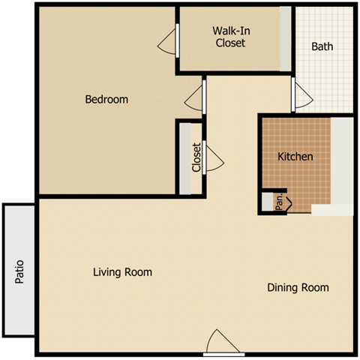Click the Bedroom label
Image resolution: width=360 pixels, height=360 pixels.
coord(106,99)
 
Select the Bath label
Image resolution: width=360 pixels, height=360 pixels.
coord(322,46)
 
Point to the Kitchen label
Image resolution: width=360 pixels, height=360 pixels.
coord(295,157)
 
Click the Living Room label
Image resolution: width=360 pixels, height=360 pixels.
coord(122,271)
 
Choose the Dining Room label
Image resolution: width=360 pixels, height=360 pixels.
coord(298,287)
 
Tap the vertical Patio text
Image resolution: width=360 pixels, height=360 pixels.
coord(19,271)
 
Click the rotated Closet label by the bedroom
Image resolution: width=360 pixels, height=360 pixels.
coord(196,157)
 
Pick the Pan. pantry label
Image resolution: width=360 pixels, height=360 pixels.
coord(279,201)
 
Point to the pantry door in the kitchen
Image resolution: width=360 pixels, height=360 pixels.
coord(287,202)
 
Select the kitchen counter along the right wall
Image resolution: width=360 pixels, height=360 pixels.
coord(341,161)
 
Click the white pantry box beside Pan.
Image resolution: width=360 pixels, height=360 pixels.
coord(268,201)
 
